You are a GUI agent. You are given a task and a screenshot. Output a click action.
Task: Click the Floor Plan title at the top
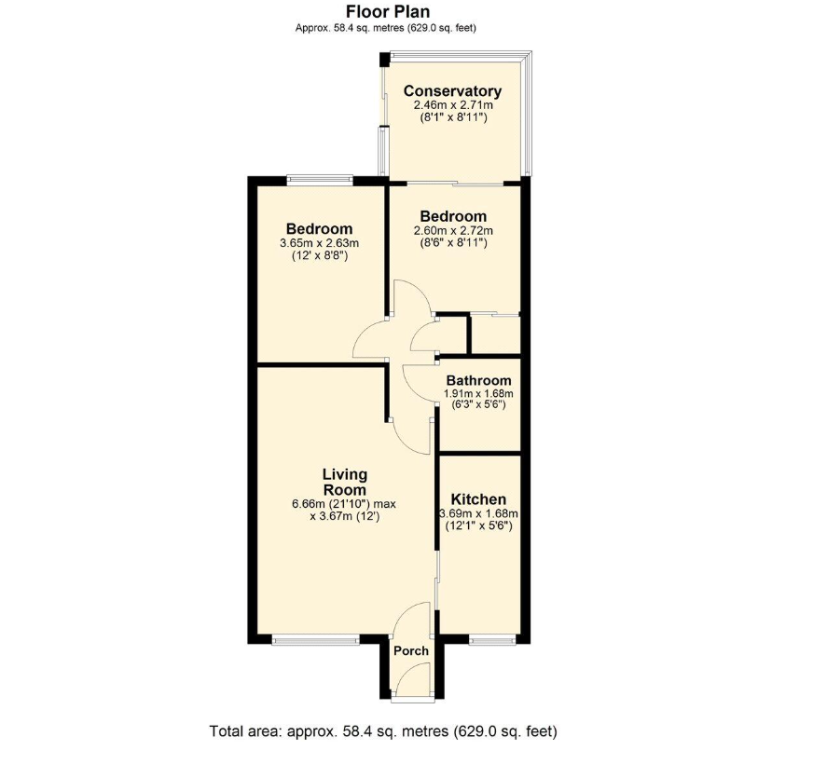pos(388,11)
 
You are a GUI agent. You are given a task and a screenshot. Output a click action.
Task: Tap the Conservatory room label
pos(452,91)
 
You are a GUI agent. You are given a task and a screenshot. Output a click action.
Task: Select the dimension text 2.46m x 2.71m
pos(452,105)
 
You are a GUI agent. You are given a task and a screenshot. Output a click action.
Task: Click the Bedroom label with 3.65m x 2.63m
pos(320,228)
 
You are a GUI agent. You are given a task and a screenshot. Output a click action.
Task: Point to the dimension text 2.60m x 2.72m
pos(453,231)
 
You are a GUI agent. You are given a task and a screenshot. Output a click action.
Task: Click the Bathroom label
pos(478,380)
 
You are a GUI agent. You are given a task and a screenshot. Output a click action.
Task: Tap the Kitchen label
pos(478,499)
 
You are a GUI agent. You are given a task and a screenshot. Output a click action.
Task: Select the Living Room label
pos(345,482)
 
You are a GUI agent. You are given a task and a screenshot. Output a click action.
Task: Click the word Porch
pos(411,651)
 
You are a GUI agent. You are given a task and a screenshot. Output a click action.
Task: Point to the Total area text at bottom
pos(383,731)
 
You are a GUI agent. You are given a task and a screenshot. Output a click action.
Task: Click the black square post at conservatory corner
pos(384,59)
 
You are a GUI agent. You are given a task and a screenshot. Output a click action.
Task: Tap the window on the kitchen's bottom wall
pos(492,641)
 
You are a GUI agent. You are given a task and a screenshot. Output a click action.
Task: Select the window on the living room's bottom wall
pos(315,641)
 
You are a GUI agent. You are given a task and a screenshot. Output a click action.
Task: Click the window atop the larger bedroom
pos(320,181)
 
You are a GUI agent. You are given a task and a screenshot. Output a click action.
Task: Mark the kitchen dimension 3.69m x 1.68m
pos(478,514)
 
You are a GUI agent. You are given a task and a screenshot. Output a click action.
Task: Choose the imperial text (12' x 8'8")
pos(320,255)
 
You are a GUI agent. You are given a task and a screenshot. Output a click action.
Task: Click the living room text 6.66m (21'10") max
pos(344,504)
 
